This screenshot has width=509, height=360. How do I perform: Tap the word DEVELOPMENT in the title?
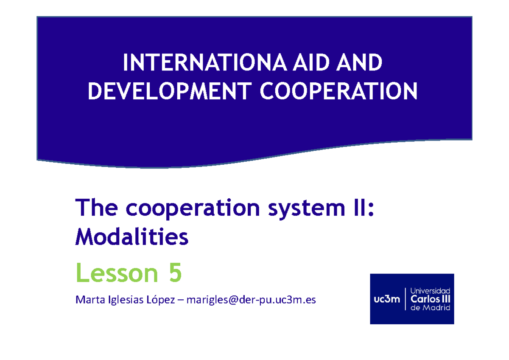168,91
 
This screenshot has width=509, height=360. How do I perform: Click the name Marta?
87,301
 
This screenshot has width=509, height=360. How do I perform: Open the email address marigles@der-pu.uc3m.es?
250,301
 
